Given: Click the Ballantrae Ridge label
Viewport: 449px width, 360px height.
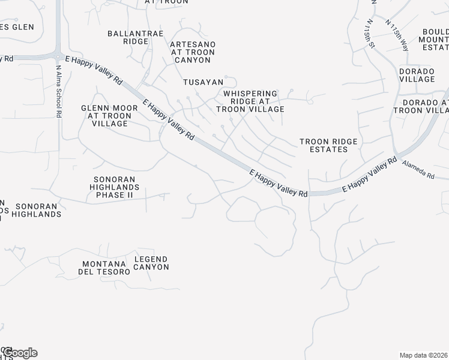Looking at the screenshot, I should click(x=128, y=37).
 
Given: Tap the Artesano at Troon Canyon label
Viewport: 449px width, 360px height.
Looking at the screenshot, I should click(x=192, y=52).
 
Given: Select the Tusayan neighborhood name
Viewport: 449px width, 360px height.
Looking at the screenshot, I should click(x=203, y=82).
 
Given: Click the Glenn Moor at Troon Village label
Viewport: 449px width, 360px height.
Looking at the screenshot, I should click(x=106, y=116).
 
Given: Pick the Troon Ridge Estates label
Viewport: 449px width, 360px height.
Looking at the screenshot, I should click(x=328, y=145).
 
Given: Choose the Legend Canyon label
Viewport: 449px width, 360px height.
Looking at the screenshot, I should click(x=151, y=263).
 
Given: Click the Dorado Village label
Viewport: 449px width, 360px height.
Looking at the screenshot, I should click(x=417, y=75).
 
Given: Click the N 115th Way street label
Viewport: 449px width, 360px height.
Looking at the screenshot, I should click(x=397, y=36).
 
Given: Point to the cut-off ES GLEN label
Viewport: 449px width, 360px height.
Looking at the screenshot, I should click(x=16, y=27).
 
